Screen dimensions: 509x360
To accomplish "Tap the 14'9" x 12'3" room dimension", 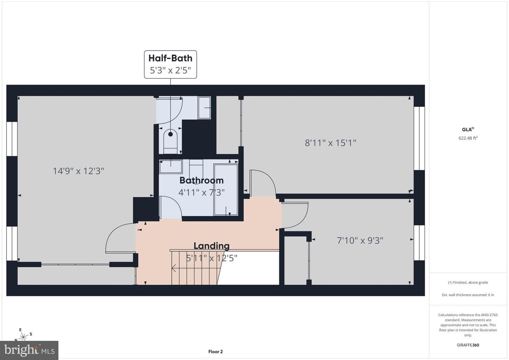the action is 78,171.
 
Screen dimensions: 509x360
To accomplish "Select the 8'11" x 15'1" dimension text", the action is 330,143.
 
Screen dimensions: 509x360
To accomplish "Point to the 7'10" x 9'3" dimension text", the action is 360,240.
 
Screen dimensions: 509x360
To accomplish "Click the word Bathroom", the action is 201,180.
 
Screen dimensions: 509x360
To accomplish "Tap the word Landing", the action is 211,246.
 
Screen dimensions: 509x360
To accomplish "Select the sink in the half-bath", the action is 204,108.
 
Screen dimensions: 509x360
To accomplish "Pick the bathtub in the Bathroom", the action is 226,190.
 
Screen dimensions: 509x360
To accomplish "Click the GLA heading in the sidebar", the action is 468,129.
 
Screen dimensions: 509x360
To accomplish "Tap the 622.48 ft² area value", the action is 468,138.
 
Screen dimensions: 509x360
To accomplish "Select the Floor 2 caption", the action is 215,352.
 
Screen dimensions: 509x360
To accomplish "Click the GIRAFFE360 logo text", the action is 468,345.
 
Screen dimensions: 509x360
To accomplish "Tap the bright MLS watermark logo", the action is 29,350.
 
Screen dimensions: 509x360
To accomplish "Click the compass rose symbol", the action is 23,336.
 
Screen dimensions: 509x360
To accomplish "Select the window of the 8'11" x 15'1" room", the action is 419,138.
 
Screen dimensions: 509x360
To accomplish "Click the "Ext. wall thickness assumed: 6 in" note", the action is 468,295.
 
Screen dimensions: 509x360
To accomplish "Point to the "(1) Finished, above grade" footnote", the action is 468,283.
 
